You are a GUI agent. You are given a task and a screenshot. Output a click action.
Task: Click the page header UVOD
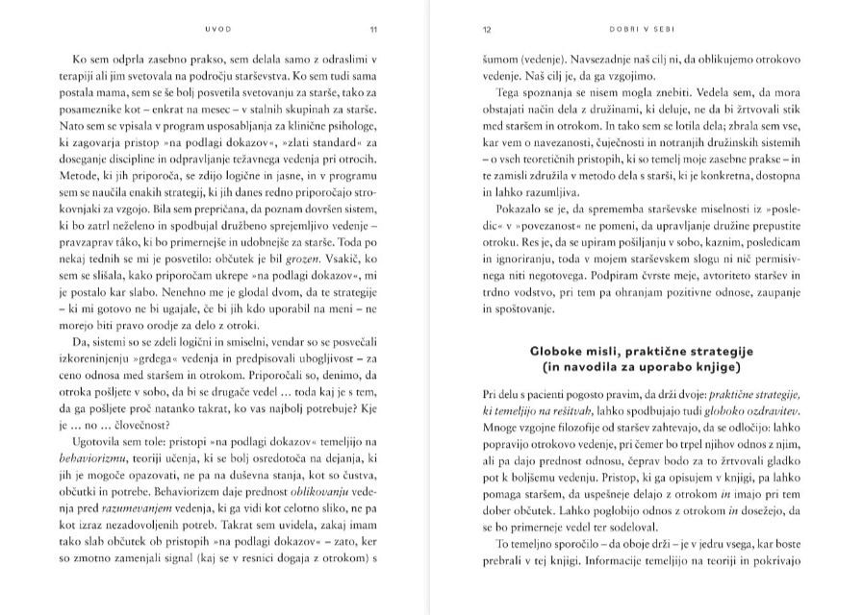[218, 29]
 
